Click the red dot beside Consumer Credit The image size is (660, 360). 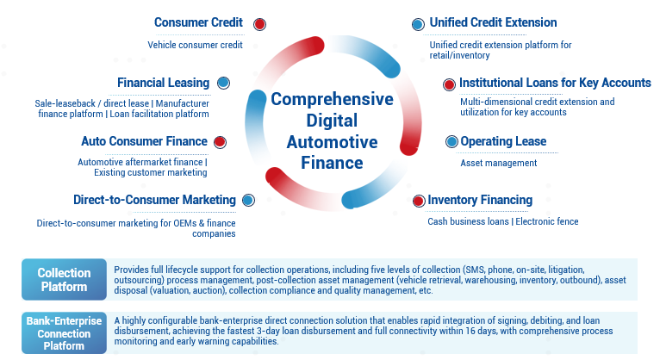coord(259,24)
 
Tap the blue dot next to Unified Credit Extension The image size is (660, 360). coord(418,24)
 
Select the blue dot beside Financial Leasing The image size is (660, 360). coord(223,83)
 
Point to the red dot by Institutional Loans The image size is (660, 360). coord(449,84)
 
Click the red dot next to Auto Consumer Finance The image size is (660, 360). coord(220,142)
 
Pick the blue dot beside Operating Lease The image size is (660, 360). coord(451,142)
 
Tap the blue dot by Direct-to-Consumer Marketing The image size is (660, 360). coord(248,200)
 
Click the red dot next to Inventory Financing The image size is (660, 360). coord(419,201)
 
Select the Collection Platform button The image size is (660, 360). coord(64,279)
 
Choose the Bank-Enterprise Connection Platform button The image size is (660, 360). coord(64,333)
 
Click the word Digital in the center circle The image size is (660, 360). coord(332,121)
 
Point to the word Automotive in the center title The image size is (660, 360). coord(332,142)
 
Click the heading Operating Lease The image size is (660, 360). coord(503,141)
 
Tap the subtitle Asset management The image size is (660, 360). coord(499,163)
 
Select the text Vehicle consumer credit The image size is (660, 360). coord(195,45)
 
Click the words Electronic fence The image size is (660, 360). coord(547,221)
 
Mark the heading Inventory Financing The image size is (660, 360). coord(480,200)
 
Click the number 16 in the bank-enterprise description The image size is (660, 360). coord(470,331)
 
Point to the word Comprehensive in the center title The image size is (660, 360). coord(332,99)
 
